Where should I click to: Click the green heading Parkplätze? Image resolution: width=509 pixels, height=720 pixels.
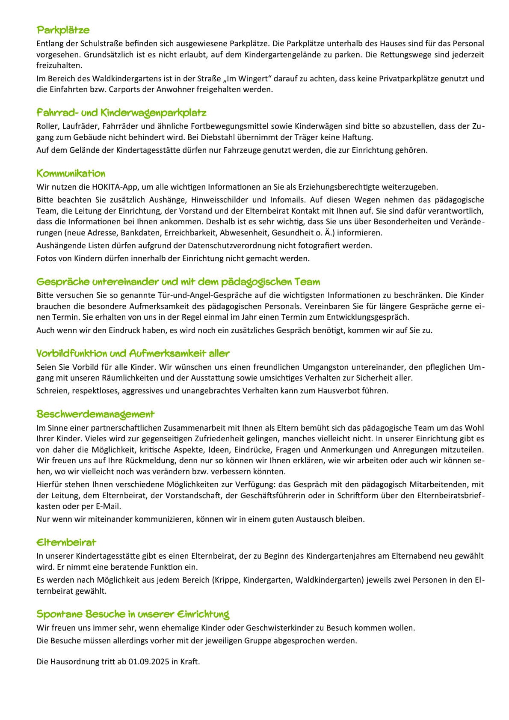63,30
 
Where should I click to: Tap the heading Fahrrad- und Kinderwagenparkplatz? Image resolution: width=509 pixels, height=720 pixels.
121,113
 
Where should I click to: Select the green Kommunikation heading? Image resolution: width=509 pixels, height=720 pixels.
71,173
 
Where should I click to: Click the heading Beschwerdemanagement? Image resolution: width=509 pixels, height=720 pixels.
95,414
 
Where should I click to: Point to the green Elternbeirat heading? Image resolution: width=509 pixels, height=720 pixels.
66,542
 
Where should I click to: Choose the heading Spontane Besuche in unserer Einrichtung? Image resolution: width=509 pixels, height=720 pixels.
133,614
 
